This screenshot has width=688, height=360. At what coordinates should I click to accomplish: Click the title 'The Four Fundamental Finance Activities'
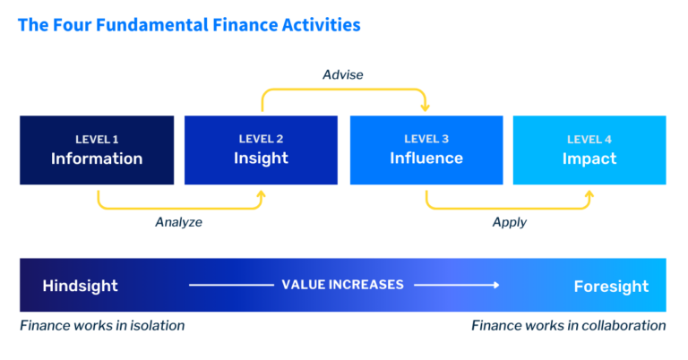point(189,25)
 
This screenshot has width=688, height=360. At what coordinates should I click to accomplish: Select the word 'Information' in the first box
point(97,159)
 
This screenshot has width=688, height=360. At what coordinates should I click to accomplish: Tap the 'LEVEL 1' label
point(97,139)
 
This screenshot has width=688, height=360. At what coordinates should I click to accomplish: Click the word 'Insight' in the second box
point(261,159)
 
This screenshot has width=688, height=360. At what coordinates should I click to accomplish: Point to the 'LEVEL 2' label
point(261,139)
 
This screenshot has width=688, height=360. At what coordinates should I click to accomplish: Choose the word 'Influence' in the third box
point(426,159)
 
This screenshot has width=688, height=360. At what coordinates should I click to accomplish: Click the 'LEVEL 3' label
point(426,139)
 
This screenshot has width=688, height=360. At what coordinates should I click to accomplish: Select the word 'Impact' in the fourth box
point(589,159)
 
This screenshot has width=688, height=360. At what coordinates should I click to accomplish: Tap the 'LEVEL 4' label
point(589,139)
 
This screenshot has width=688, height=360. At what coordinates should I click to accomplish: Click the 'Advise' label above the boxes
point(343,75)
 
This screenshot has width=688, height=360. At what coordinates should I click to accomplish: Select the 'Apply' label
point(509,222)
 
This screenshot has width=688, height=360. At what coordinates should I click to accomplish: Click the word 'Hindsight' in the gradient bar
point(80,286)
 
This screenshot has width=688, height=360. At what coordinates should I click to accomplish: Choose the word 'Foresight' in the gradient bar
point(611,286)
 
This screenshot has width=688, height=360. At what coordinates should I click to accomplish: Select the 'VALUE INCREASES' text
point(343,285)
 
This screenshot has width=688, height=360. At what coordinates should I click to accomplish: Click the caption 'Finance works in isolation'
point(102,326)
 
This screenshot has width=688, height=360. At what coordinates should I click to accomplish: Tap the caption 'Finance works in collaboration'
point(568,326)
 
